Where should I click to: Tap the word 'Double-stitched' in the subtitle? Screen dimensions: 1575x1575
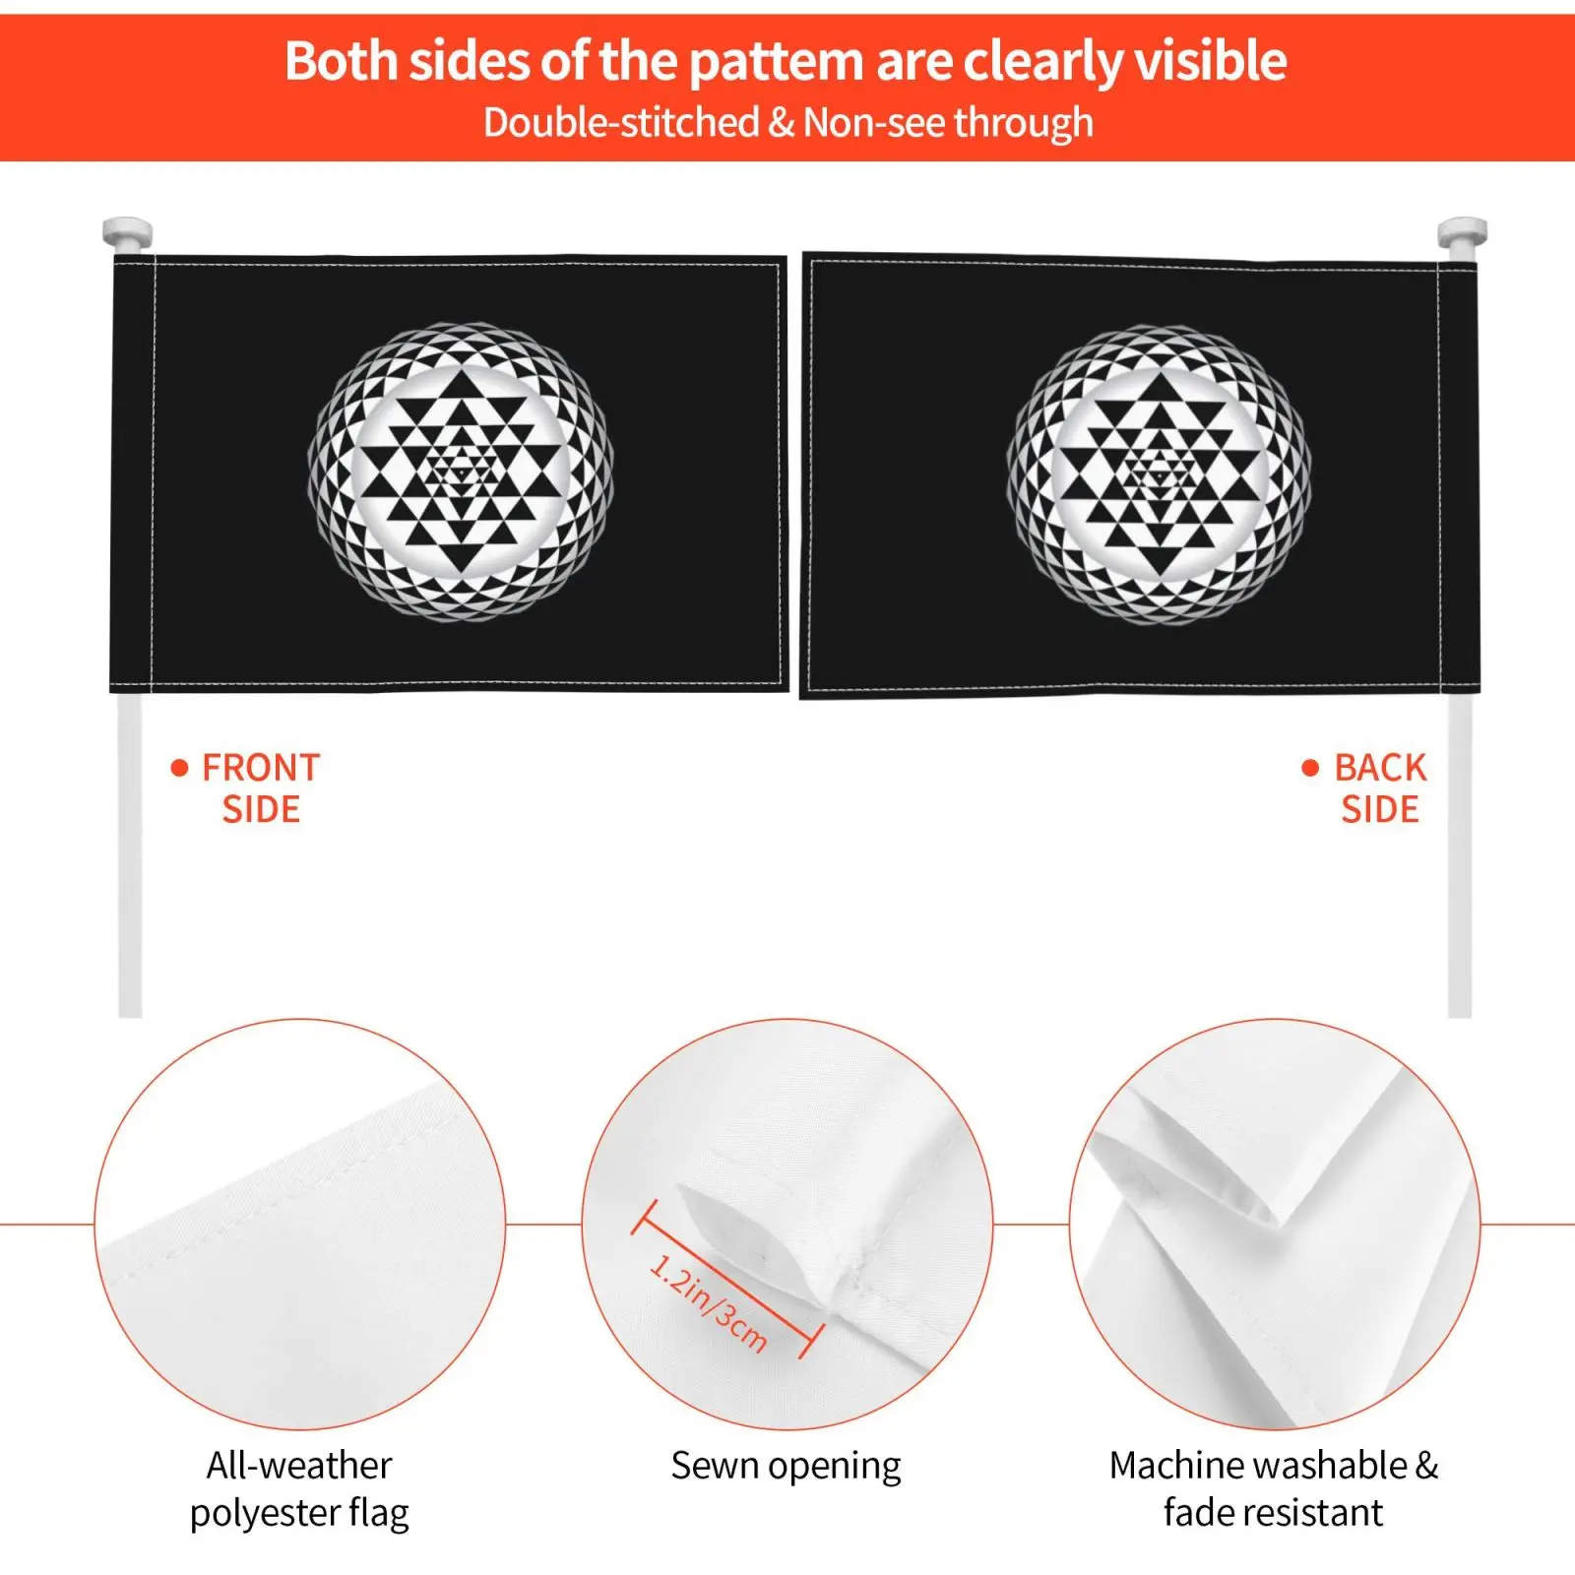point(621,123)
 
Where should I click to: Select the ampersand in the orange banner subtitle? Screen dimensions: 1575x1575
point(782,123)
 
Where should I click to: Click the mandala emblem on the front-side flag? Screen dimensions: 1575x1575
point(461,472)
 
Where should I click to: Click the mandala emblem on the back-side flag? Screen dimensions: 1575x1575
point(1159,474)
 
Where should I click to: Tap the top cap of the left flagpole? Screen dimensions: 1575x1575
point(127,233)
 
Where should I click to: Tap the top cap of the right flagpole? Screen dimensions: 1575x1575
point(1462,233)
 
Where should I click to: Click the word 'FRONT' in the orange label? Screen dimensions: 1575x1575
point(261,768)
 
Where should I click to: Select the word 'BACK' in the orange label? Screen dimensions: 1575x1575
point(1380,768)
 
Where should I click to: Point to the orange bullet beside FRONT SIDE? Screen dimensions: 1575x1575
point(179,768)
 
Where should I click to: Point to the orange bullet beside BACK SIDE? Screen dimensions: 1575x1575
point(1310,768)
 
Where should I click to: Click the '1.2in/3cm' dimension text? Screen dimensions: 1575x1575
point(708,1301)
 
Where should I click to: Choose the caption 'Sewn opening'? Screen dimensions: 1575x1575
point(786,1466)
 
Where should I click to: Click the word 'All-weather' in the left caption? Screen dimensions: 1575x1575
point(299,1466)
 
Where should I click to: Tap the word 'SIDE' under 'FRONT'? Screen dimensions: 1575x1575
point(261,810)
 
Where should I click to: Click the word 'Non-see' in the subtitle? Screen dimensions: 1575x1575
point(875,123)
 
